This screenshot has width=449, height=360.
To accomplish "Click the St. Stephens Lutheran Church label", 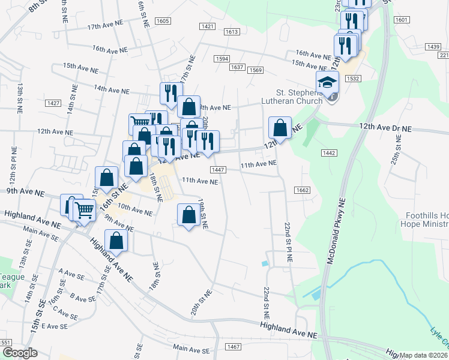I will point(300,97).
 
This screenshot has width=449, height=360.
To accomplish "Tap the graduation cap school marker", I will point(328,83).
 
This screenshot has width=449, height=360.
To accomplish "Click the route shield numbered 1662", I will point(302,190).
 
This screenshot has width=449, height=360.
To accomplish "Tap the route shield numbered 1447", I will point(218,170).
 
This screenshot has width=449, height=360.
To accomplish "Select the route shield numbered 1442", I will point(328,154).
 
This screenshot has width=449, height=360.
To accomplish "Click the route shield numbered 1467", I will point(234,347).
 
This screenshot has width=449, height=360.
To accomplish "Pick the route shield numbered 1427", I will point(53,103).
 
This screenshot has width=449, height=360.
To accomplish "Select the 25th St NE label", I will point(397,146).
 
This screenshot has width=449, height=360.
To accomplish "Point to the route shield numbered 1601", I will point(402,20).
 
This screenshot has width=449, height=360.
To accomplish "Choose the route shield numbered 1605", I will point(162,21).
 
